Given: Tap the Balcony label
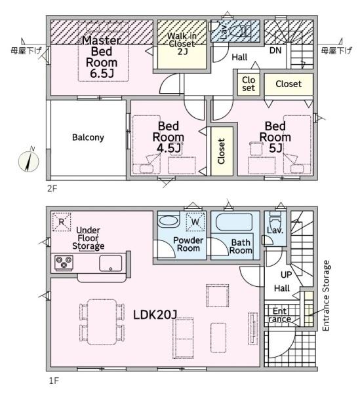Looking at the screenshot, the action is pyautogui.click(x=88, y=138).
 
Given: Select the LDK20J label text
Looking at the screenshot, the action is pyautogui.click(x=155, y=314).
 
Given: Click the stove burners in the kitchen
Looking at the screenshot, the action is pyautogui.click(x=64, y=263).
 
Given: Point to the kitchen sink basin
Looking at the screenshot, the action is pyautogui.click(x=110, y=263).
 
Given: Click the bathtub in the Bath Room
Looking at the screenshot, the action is pyautogui.click(x=234, y=222).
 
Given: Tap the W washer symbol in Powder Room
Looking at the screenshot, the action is pyautogui.click(x=195, y=221).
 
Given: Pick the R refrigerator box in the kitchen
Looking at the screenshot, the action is pyautogui.click(x=61, y=222).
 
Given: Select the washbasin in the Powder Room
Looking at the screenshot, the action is pyautogui.click(x=169, y=221).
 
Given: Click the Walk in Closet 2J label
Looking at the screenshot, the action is pyautogui.click(x=182, y=44).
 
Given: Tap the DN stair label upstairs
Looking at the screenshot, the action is pyautogui.click(x=275, y=50).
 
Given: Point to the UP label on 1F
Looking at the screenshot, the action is pyautogui.click(x=287, y=275).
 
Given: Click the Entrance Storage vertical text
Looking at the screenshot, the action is pyautogui.click(x=326, y=296).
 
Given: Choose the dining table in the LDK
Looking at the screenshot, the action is pyautogui.click(x=102, y=322).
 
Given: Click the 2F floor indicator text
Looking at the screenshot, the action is pyautogui.click(x=52, y=189).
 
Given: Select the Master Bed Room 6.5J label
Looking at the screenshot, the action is pyautogui.click(x=102, y=56).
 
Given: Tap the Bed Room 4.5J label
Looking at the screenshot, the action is pyautogui.click(x=169, y=137).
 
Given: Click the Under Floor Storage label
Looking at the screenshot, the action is pyautogui.click(x=88, y=238).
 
